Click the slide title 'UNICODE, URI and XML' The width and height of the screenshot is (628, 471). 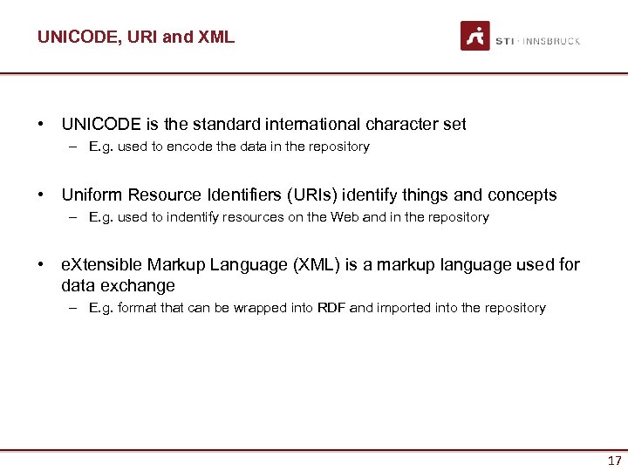[135, 38]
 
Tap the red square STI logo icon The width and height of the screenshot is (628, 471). [475, 36]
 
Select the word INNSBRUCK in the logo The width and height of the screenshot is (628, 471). [552, 41]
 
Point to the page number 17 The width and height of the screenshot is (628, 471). [614, 461]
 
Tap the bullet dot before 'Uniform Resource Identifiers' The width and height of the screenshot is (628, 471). [42, 195]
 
